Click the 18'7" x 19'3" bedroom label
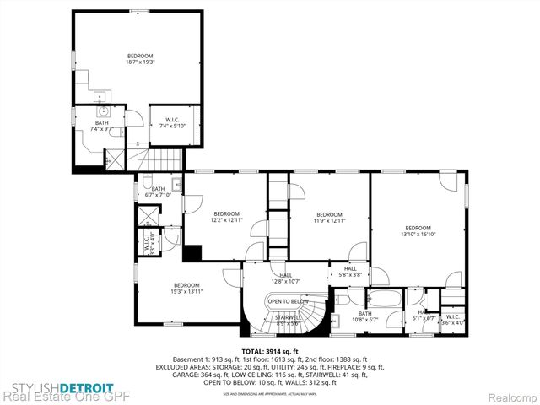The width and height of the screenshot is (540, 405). click(x=140, y=58)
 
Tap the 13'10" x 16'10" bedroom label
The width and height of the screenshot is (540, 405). click(x=418, y=231)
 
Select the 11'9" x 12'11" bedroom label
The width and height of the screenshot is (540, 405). click(x=328, y=218)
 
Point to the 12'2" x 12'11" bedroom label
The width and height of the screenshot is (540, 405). click(x=226, y=216)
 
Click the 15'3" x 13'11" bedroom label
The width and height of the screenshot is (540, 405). click(x=186, y=288)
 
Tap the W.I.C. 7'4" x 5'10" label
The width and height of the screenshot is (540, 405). click(x=174, y=122)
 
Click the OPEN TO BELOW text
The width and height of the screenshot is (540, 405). click(x=288, y=301)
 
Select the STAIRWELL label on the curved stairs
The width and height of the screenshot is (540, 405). click(x=287, y=319)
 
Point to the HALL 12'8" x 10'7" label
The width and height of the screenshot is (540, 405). click(x=286, y=278)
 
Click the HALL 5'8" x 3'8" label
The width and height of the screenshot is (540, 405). click(x=350, y=271)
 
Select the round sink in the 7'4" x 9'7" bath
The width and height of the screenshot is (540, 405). click(x=104, y=111)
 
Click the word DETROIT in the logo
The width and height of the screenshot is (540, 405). click(x=80, y=387)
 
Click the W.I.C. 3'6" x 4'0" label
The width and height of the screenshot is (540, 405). click(x=455, y=320)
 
